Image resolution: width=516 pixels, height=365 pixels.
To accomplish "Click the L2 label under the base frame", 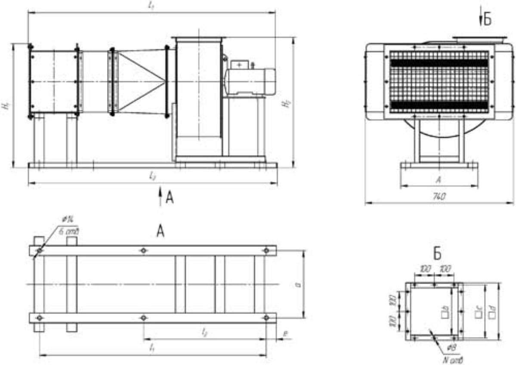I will (152, 176).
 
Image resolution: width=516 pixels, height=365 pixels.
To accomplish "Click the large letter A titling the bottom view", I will (161, 232).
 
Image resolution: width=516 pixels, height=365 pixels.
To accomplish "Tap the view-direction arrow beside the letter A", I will (160, 196).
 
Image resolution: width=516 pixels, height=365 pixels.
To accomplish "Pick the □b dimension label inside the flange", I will (445, 310).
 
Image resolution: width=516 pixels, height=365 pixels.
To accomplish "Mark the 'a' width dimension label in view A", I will (298, 285).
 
